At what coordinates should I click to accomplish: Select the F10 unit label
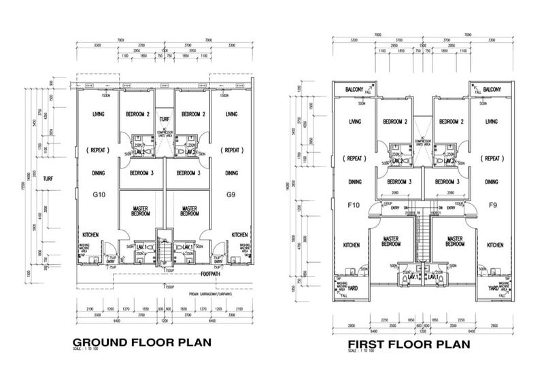(x=353, y=204)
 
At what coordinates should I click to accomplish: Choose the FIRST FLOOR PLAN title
(x=407, y=344)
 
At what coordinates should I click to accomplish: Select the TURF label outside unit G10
(x=48, y=179)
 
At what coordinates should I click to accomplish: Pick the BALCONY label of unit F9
(x=488, y=90)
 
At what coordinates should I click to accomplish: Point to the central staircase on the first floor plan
(x=421, y=238)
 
